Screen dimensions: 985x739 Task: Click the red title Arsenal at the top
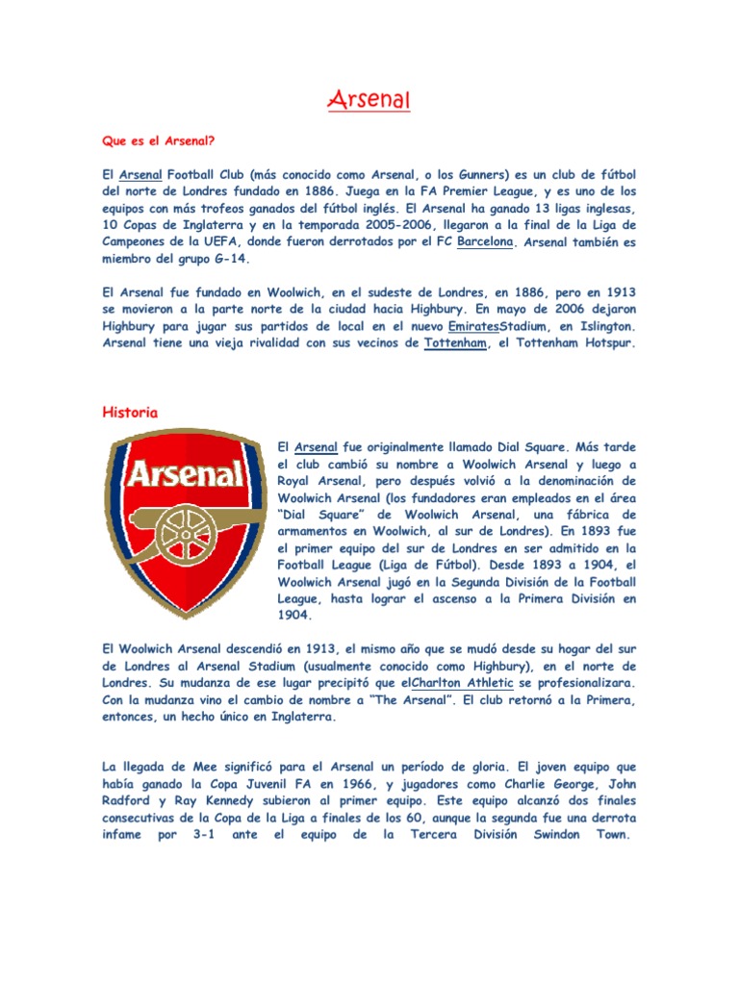pos(369,99)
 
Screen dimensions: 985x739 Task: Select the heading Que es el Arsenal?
pos(158,139)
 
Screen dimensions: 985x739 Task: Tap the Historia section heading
pos(130,413)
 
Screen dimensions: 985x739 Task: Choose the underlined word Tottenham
pos(455,343)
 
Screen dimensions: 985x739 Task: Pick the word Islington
pos(599,326)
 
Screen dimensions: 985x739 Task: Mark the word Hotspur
pos(603,343)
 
